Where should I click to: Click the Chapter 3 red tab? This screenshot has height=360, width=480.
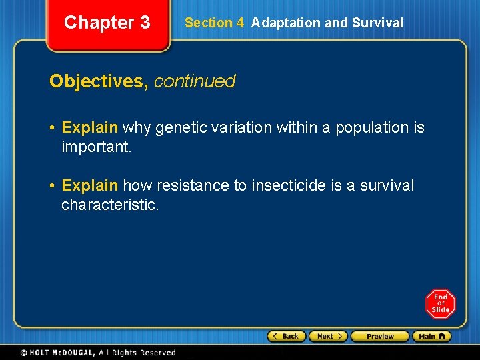[107, 23]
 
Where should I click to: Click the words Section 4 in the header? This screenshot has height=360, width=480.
[214, 23]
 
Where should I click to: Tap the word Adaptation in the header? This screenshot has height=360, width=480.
[286, 23]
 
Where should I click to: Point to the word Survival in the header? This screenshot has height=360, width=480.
[377, 23]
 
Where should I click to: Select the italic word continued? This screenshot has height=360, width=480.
[195, 81]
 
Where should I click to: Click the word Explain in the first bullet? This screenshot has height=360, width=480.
[90, 127]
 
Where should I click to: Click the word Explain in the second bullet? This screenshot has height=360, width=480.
[90, 185]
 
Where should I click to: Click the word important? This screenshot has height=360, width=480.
[97, 146]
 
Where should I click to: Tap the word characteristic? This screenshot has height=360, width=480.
[110, 204]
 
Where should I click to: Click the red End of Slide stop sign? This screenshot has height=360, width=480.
[440, 304]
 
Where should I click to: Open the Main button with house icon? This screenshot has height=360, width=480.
[431, 336]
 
